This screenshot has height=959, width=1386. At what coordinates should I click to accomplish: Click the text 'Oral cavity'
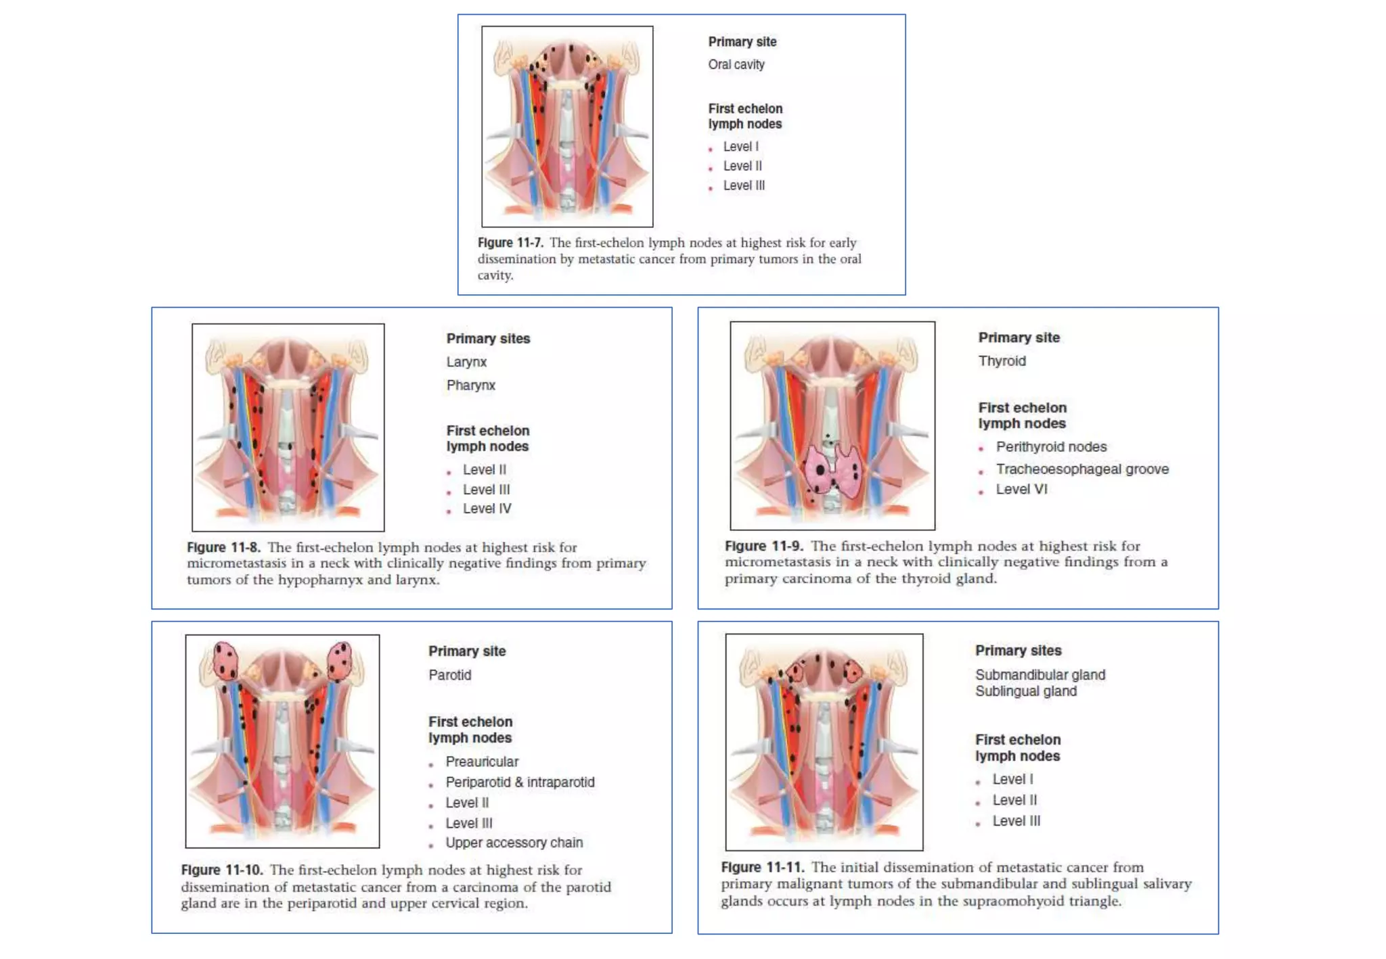(x=736, y=64)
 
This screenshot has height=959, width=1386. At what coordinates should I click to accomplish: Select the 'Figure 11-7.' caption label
(x=510, y=242)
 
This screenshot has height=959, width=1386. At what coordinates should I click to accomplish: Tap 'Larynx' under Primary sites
(x=466, y=362)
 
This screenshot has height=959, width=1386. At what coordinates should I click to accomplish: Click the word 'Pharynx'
(x=471, y=385)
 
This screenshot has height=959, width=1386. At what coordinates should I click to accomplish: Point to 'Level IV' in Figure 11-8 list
(x=487, y=509)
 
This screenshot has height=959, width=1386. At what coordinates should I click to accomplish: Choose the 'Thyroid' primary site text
(x=1002, y=361)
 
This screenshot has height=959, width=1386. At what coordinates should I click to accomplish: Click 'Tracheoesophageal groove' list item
(x=1082, y=469)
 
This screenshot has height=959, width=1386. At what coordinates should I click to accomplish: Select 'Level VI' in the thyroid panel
(x=1021, y=489)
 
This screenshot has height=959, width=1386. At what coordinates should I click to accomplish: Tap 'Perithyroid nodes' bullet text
(x=1051, y=446)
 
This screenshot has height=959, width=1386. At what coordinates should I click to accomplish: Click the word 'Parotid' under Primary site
(x=450, y=675)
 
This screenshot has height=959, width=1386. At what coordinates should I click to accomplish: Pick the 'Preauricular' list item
(x=482, y=762)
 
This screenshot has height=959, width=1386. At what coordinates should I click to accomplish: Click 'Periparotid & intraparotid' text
(x=520, y=782)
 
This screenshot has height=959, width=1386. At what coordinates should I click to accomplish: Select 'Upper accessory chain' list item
(x=514, y=843)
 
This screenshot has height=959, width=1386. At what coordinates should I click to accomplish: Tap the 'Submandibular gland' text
(x=1040, y=675)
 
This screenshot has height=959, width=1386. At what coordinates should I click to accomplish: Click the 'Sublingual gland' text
(x=1026, y=691)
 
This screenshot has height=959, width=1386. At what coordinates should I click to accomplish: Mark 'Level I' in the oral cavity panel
(x=741, y=147)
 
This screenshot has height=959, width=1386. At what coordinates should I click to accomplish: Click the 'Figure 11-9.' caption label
(x=764, y=546)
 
